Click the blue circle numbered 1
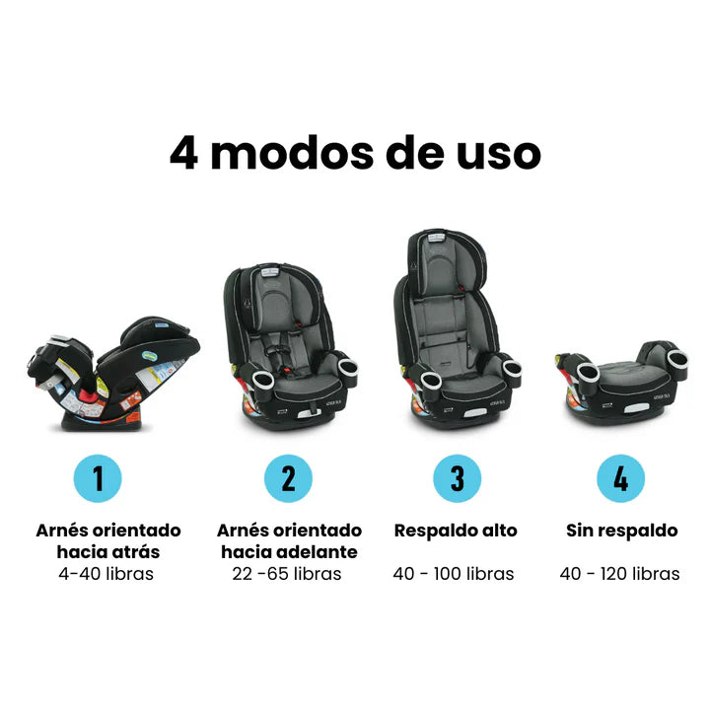point(98,478)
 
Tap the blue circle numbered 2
point(288,478)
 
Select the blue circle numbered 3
point(457,478)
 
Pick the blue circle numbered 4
point(620,478)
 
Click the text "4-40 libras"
point(106,574)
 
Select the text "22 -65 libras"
point(288,574)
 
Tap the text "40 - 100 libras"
point(454,574)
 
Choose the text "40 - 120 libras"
point(620,574)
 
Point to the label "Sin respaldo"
point(622,531)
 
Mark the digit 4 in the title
point(183,153)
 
